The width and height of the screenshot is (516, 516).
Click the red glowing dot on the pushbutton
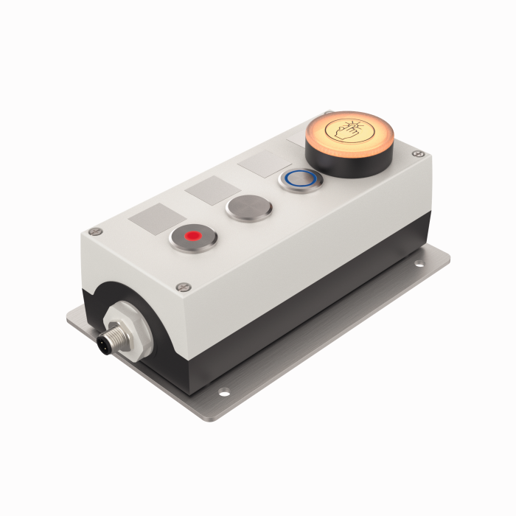coord(193,236)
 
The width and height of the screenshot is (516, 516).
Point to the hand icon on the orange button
coord(348,131)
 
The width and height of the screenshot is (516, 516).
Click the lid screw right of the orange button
coord(419,153)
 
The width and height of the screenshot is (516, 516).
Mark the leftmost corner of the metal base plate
coord(68,318)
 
